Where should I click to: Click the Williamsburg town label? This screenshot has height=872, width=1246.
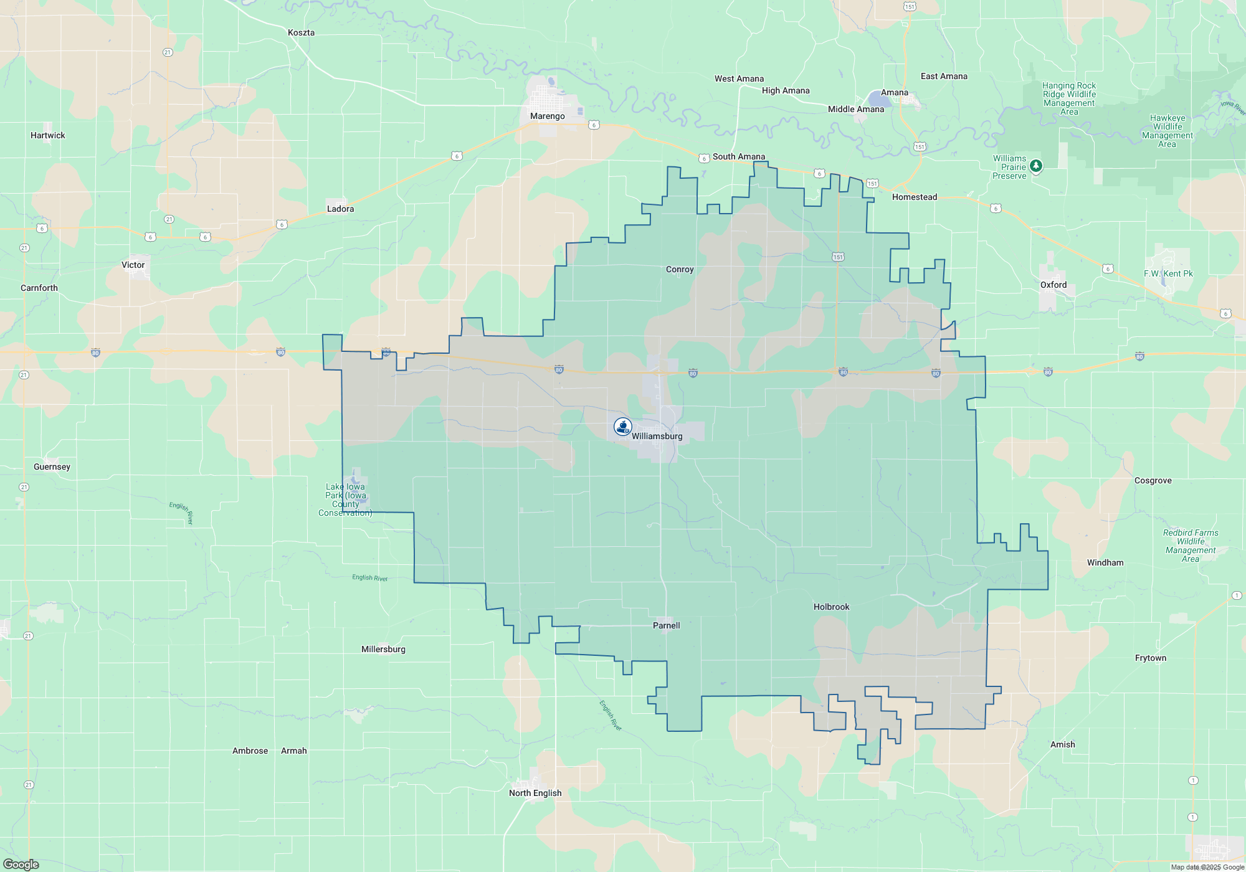[657, 436]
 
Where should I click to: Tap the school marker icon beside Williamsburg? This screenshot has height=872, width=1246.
[622, 426]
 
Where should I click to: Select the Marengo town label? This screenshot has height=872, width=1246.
[547, 116]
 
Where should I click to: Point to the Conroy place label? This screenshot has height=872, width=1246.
[679, 269]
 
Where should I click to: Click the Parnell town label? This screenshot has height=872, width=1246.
[666, 625]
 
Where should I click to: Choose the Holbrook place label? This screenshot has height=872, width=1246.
[831, 607]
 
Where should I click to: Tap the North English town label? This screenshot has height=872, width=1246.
[535, 793]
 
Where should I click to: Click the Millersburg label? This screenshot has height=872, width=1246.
[383, 649]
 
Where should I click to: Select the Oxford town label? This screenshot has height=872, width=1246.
[1053, 285]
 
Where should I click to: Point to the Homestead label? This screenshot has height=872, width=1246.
[914, 197]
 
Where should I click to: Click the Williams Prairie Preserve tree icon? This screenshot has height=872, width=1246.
[1035, 166]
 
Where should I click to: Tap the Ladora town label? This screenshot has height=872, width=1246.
[340, 209]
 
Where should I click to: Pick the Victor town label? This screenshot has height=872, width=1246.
[133, 265]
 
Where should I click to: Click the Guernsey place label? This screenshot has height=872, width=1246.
[52, 467]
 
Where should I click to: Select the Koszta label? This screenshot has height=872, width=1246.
[301, 32]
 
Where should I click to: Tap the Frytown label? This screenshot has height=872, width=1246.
[1150, 658]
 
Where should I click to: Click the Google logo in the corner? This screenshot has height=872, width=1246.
[21, 865]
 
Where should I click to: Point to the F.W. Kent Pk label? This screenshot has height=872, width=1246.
[1168, 273]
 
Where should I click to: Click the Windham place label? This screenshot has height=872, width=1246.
[1105, 562]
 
